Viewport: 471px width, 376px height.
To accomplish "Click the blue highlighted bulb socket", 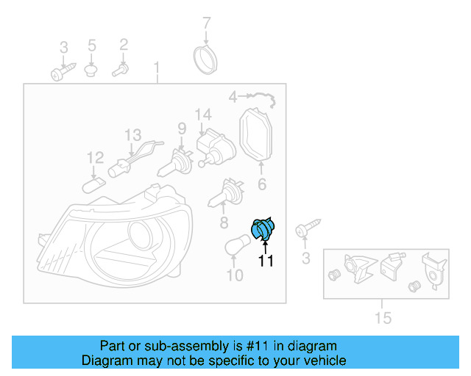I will click(263, 229).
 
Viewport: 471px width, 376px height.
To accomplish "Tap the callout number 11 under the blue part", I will click(265, 261).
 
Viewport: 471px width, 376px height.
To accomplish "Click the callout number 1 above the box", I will click(156, 69).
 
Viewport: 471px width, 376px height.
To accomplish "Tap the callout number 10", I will click(234, 276).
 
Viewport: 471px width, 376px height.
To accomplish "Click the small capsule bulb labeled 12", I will click(94, 182).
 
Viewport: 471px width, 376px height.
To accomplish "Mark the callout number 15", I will click(383, 317).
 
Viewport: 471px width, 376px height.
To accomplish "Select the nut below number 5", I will click(92, 70).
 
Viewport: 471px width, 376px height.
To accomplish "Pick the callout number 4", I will click(233, 96).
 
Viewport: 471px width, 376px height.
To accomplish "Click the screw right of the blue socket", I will click(306, 228).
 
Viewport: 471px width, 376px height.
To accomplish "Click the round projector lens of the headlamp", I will click(141, 238).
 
